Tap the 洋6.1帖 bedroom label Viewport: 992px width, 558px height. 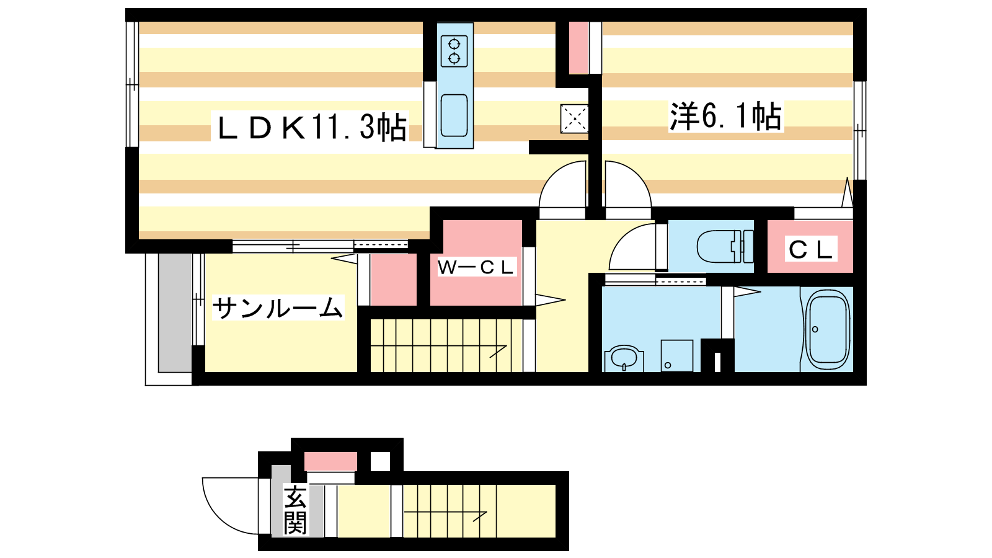pos(725,116)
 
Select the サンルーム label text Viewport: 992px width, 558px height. pos(277,308)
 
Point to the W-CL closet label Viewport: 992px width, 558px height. pos(476,267)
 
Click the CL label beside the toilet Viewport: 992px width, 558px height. pos(810,249)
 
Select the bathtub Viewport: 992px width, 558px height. pos(826,329)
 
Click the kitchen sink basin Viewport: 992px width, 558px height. pos(454,115)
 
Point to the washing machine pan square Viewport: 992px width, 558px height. pos(676,355)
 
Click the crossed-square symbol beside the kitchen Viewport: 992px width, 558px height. pos(574,118)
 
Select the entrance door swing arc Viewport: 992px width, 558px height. pos(228,505)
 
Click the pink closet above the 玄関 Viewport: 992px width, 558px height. pos(330,462)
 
